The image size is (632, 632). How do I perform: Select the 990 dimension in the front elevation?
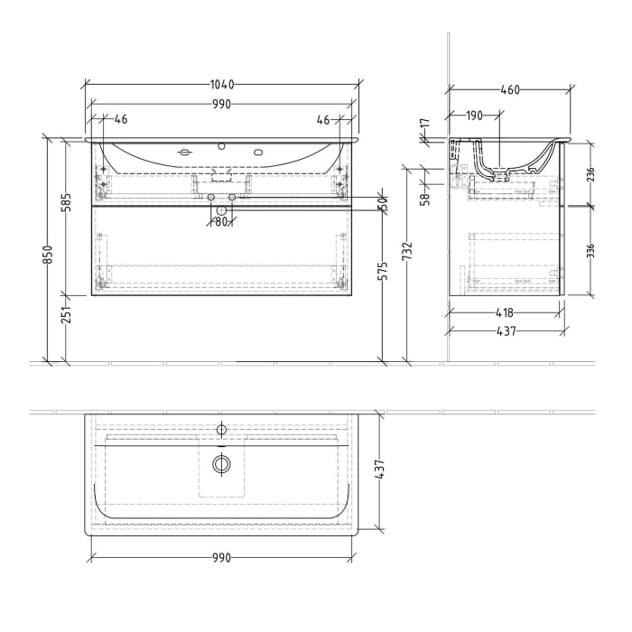pos(222,105)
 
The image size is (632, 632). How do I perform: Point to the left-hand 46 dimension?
pos(121,119)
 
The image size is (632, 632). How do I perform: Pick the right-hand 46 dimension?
pos(323,119)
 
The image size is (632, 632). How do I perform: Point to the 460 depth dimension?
pos(510,90)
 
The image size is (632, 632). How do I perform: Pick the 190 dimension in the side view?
pos(475,116)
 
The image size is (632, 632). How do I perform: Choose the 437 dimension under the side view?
pos(506,331)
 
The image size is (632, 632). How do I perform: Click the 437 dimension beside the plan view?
pos(381,469)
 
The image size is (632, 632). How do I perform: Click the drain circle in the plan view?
pos(221,464)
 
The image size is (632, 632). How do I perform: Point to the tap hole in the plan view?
pos(221,427)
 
